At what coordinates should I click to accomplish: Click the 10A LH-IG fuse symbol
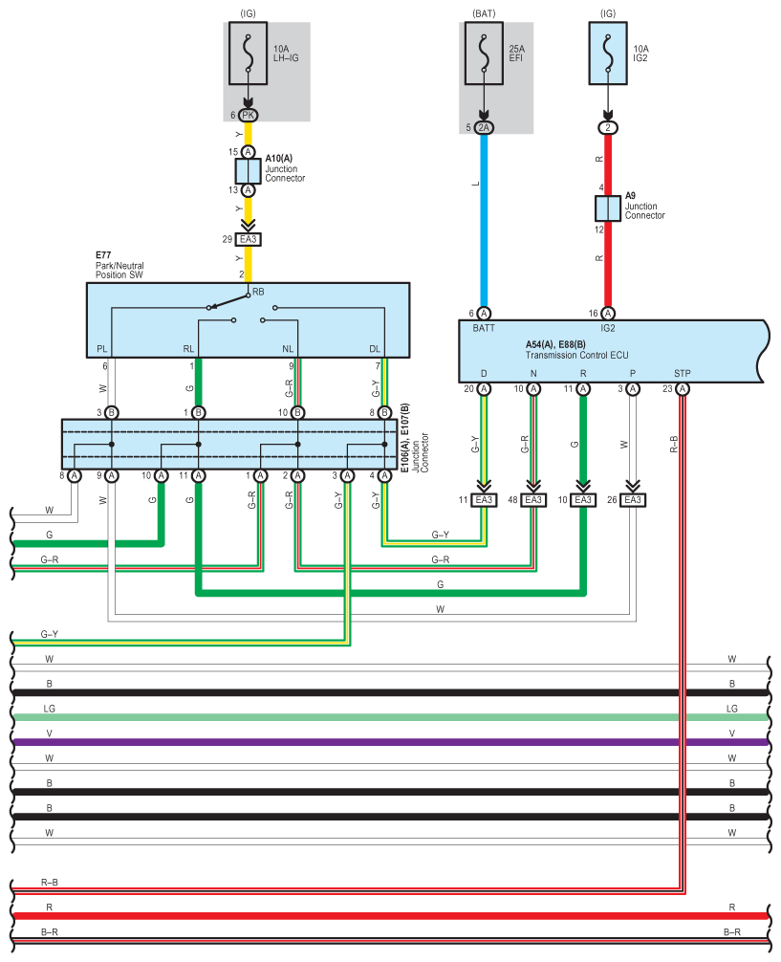tap(248, 54)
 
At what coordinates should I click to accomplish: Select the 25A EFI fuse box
tap(484, 54)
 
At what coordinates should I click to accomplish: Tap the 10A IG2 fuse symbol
tap(608, 54)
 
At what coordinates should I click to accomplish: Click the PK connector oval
tap(248, 116)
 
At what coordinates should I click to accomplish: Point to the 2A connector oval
tap(484, 127)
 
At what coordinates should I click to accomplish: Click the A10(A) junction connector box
tap(248, 171)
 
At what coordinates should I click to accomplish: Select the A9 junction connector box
tap(608, 208)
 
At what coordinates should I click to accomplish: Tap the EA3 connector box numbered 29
tap(248, 239)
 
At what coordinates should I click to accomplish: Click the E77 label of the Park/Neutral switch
tap(103, 255)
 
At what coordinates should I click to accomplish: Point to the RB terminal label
tap(258, 292)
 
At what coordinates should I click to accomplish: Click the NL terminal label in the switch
tap(288, 349)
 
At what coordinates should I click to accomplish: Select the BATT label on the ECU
tap(484, 328)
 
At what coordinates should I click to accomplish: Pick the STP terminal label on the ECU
tap(683, 373)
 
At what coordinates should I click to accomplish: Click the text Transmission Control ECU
tap(576, 355)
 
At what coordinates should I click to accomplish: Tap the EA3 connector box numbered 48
tap(533, 500)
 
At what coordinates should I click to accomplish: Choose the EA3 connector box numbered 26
tap(633, 500)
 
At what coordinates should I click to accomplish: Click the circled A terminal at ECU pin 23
tap(683, 389)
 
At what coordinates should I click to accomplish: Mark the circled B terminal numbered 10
tap(297, 413)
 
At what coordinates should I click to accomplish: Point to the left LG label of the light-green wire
tap(49, 709)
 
